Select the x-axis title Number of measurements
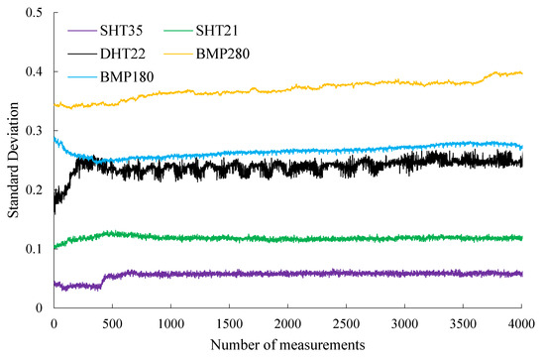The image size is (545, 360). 287,345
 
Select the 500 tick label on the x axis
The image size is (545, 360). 111,322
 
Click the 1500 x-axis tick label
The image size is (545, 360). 229,322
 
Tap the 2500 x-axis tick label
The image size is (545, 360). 346,322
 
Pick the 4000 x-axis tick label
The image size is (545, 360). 522,322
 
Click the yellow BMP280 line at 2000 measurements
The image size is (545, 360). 287,89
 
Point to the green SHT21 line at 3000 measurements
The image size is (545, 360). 404,238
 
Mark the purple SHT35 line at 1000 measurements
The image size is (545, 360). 170,274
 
